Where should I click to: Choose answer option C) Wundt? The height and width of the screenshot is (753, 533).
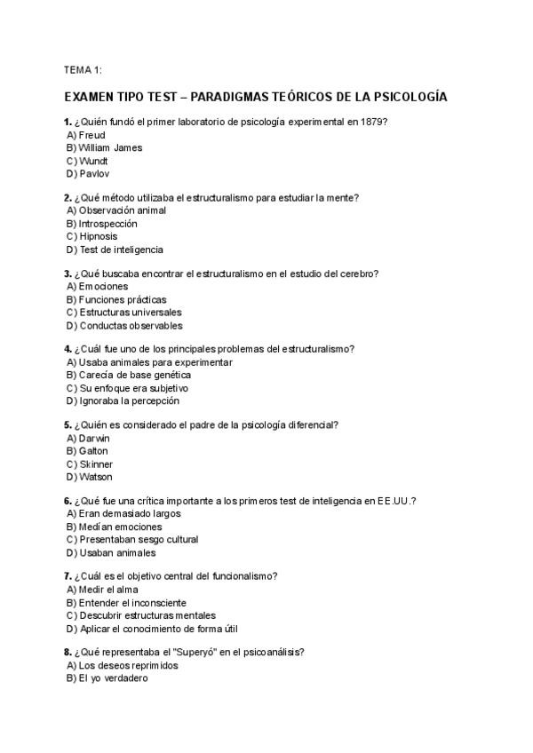click(87, 161)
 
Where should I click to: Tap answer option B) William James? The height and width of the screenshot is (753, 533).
click(104, 147)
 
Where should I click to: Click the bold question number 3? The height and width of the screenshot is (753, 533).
click(68, 273)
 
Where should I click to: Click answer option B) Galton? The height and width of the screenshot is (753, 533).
click(87, 451)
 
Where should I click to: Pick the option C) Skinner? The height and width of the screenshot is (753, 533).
click(89, 464)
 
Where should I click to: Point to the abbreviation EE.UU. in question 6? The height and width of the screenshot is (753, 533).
click(396, 501)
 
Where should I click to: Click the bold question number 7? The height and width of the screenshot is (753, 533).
click(68, 576)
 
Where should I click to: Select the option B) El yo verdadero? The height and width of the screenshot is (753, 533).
click(107, 678)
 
